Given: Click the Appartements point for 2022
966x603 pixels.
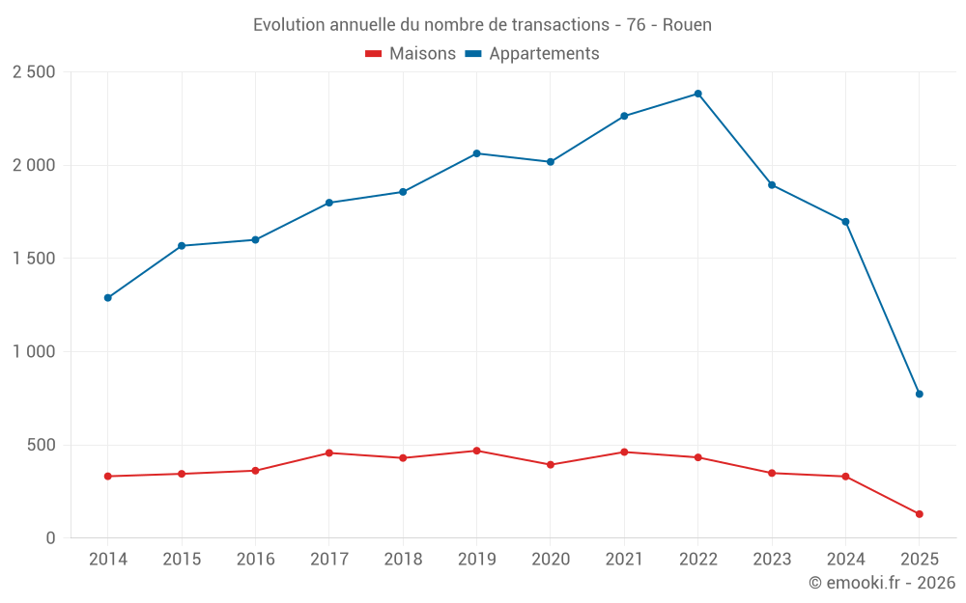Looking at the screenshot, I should [697, 94].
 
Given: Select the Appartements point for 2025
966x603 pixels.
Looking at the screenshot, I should [919, 394].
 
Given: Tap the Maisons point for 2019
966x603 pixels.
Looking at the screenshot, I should [476, 451].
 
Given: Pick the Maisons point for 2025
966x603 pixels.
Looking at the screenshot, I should [919, 514].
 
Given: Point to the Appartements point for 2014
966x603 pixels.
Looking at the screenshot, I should [107, 298].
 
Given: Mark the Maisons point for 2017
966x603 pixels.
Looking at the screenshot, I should [328, 452].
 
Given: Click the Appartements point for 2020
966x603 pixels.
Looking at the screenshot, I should [550, 162].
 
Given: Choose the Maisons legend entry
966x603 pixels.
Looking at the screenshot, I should [411, 54].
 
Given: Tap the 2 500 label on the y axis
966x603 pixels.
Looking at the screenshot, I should [34, 72].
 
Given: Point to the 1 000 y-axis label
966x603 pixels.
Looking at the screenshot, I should [34, 352].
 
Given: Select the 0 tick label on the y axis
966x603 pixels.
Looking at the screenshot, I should [50, 538].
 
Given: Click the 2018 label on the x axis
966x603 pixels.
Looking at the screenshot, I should [403, 560].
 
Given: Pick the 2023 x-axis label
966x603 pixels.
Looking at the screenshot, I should [772, 560].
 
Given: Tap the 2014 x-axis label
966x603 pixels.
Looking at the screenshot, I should [107, 560].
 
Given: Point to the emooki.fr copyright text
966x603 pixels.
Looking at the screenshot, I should [882, 583].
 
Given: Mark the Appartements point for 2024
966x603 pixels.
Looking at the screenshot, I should [845, 222].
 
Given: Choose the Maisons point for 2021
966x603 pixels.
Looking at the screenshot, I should [624, 452].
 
